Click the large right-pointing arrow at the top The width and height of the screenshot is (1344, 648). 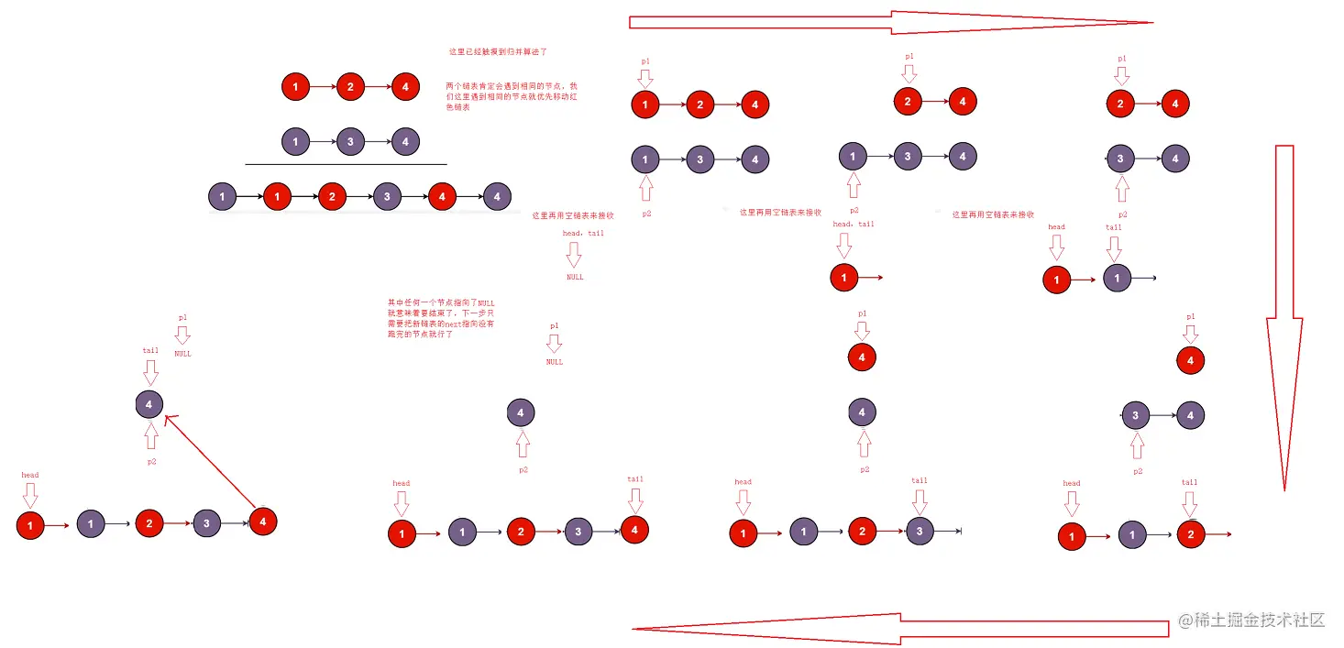[889, 22]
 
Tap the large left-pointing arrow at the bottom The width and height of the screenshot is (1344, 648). [898, 629]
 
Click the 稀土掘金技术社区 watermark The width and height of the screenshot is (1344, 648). [1251, 621]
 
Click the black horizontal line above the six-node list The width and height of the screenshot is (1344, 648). [346, 165]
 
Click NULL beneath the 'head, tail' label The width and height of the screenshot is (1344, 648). [574, 277]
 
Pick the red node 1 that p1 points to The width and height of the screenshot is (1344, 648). [645, 104]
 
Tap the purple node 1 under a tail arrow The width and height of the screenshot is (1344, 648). [1117, 278]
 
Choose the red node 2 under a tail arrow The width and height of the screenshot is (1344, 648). [1190, 533]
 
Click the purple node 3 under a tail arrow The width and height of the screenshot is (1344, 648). [920, 531]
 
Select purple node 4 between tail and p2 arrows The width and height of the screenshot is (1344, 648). [149, 403]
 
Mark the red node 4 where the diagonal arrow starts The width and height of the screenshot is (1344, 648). [262, 522]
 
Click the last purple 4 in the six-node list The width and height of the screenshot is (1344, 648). [496, 196]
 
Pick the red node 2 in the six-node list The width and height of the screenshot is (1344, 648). [332, 196]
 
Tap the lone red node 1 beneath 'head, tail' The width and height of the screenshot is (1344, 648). [843, 277]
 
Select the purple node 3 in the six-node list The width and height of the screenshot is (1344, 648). [387, 196]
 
